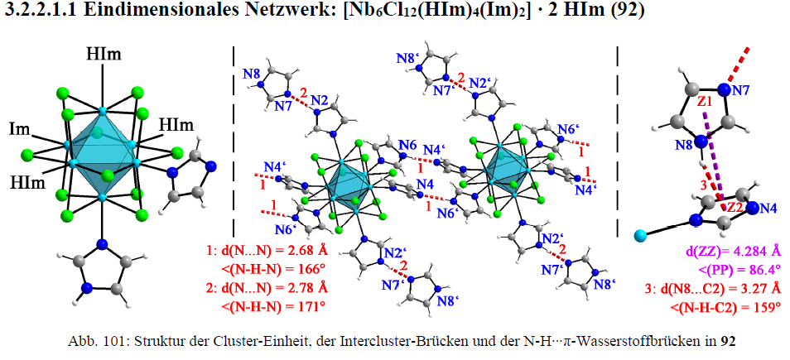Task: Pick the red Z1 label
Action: point(706,101)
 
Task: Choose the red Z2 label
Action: point(731,206)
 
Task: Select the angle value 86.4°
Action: point(761,269)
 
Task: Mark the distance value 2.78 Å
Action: point(304,288)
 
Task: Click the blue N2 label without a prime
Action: point(320,101)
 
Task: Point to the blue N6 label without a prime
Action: point(407,146)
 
